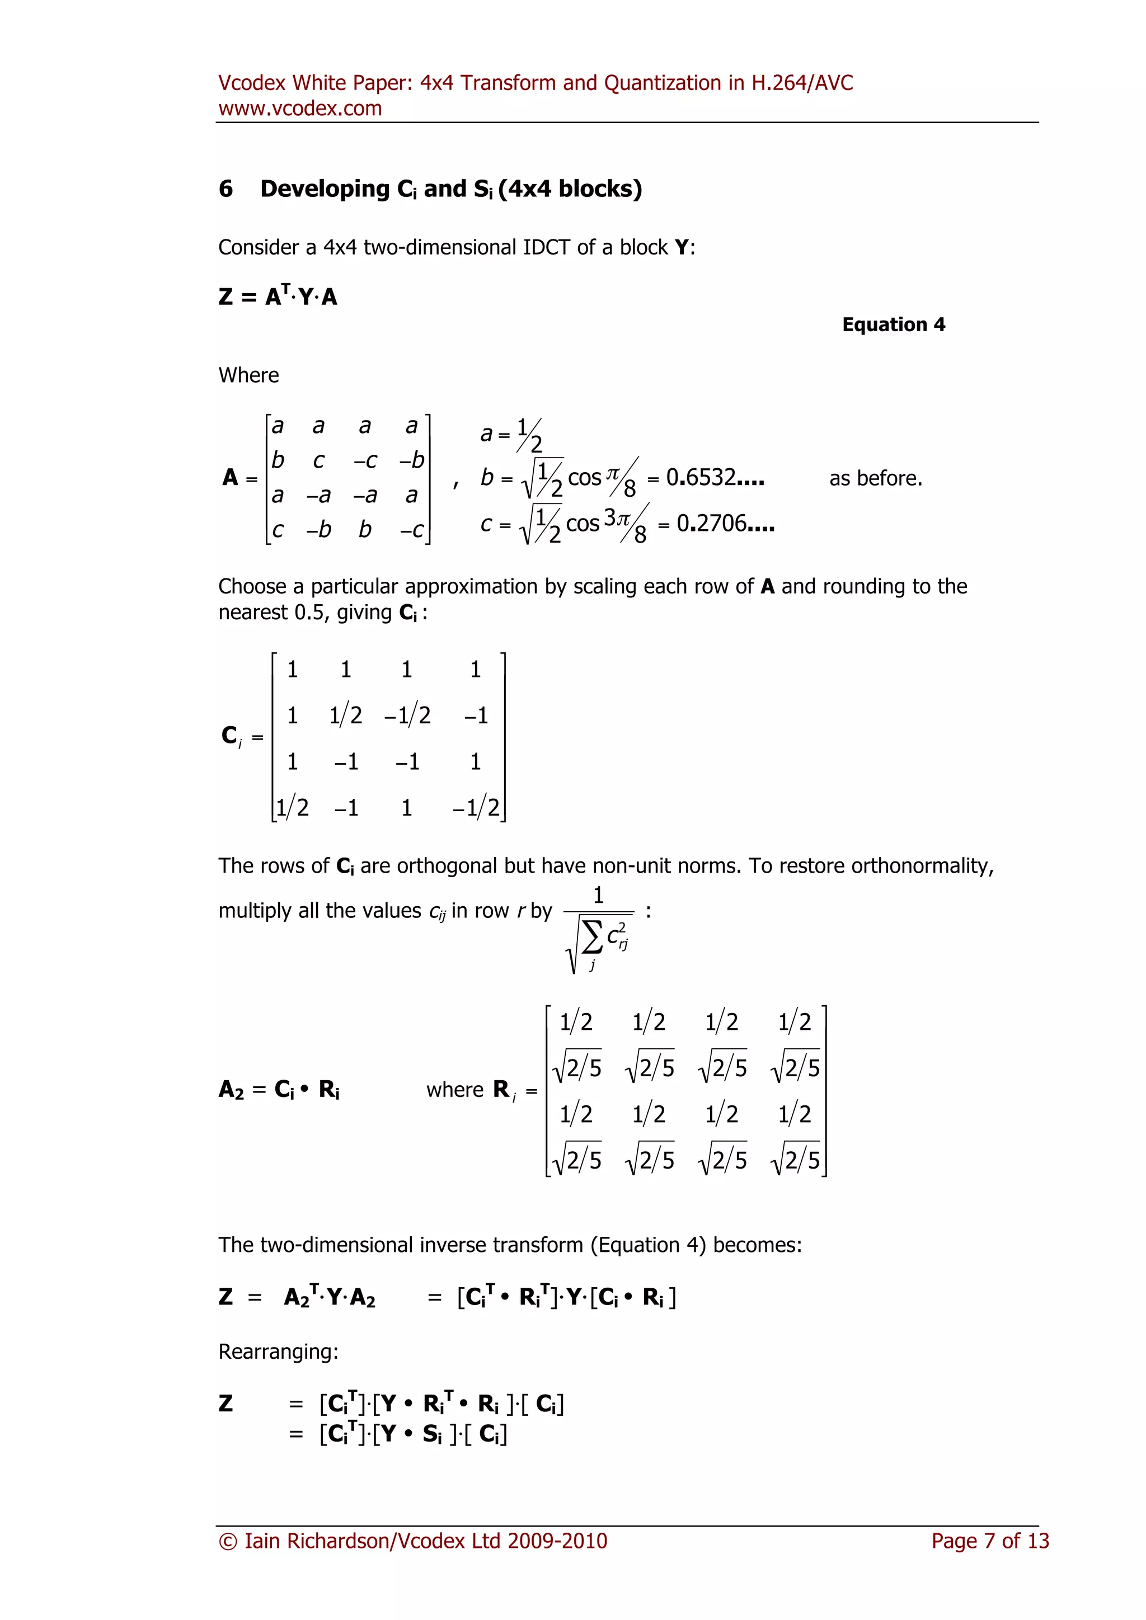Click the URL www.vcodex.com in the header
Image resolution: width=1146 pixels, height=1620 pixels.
[x=300, y=109]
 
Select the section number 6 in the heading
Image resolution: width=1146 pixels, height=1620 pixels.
[x=226, y=189]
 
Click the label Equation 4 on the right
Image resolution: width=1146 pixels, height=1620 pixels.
[x=894, y=324]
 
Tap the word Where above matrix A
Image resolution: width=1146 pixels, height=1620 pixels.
[x=248, y=375]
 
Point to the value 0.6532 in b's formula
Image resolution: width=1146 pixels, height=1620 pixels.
[x=714, y=478]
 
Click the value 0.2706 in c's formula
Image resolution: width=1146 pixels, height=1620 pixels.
[x=725, y=524]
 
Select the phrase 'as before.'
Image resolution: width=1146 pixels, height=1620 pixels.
[x=876, y=478]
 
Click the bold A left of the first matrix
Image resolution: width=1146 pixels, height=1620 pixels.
[x=230, y=478]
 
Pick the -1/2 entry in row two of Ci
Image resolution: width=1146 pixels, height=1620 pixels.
[x=407, y=715]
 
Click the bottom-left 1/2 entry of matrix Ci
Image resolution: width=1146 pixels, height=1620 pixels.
[x=292, y=807]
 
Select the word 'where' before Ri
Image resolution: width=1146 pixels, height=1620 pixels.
[x=454, y=1090]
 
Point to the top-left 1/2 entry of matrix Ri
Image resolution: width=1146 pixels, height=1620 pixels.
[x=576, y=1021]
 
